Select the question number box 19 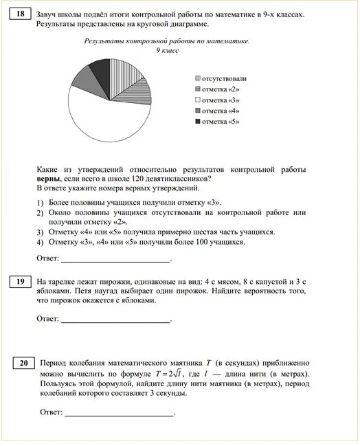click(21, 282)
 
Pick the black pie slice click(101, 70)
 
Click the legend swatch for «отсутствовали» click(199, 78)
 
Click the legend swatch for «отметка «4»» click(199, 111)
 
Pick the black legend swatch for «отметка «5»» click(199, 122)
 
